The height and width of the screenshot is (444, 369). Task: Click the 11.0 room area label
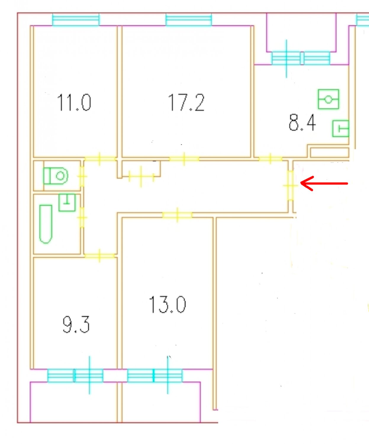74,103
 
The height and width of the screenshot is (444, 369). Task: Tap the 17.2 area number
186,103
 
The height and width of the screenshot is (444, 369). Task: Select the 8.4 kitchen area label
302,123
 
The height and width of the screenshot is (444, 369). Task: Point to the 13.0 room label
167,305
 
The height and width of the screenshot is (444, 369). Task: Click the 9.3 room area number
76,324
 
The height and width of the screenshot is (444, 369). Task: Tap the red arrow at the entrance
324,183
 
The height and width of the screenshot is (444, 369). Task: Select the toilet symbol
56,176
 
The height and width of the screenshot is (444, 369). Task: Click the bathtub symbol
46,224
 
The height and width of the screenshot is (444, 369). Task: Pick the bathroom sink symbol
67,202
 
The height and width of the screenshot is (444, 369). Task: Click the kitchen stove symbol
328,99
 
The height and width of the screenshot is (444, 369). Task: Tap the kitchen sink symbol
341,129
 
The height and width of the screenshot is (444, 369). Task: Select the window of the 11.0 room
76,20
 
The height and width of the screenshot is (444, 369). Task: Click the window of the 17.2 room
188,20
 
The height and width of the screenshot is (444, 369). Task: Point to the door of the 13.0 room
177,215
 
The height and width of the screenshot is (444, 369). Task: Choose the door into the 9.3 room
99,256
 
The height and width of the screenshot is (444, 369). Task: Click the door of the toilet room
82,176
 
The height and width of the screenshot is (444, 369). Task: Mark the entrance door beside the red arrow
291,185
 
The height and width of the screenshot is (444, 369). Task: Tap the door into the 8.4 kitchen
270,159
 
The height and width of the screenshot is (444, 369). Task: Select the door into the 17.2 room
184,159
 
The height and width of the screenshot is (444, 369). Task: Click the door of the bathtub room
82,217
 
